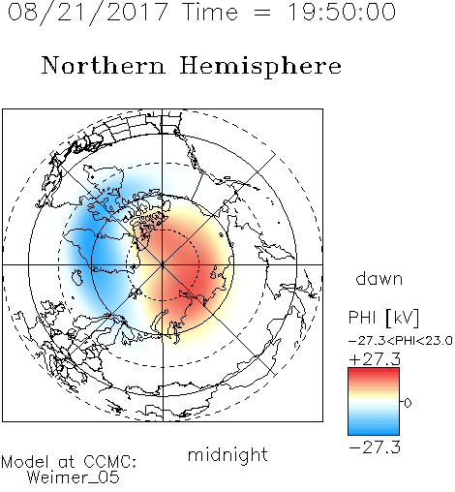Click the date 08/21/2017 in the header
click(88, 13)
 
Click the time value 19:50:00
click(341, 12)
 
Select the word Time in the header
click(210, 12)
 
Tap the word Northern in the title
click(104, 66)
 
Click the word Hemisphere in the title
click(260, 67)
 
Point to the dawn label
click(379, 278)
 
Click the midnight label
click(227, 454)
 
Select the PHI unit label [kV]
click(402, 318)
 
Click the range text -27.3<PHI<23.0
click(401, 341)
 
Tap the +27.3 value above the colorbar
click(375, 359)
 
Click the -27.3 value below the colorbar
click(375, 447)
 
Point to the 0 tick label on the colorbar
click(408, 403)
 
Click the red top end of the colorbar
click(374, 370)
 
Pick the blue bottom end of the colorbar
click(374, 433)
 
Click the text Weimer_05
click(73, 477)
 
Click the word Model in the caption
click(25, 462)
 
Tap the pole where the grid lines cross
click(163, 265)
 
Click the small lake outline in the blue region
click(77, 277)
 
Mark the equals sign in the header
click(262, 13)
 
